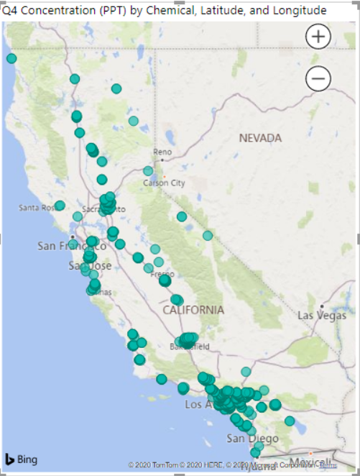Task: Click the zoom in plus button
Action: pos(318,36)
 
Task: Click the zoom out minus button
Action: pos(318,78)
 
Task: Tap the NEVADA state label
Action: pos(261,137)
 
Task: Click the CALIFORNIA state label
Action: pos(193,310)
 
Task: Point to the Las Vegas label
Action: pos(323,315)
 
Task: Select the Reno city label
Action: pos(162,152)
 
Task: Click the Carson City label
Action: pos(165,183)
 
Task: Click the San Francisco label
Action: pos(72,246)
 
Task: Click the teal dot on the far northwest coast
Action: pos(11,58)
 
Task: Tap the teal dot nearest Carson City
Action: pos(148,171)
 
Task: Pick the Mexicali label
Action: pos(309,460)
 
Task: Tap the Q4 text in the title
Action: pos(10,11)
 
